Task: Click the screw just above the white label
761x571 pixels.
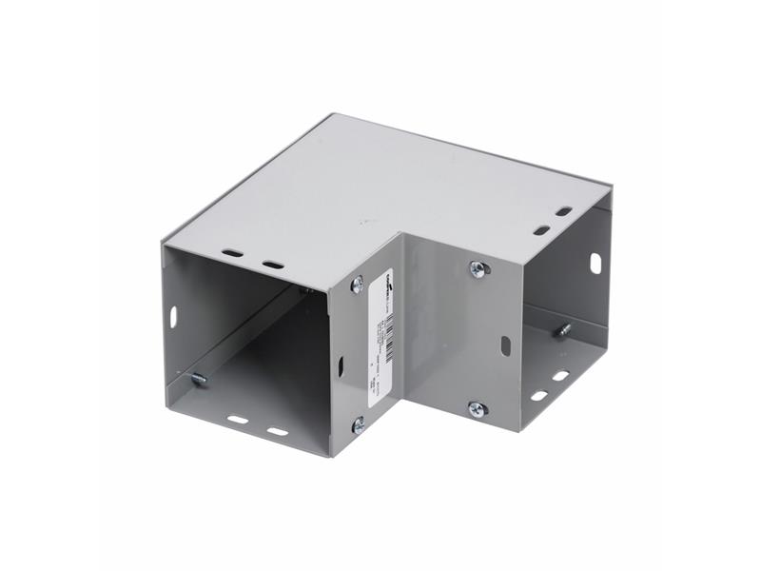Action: coord(357,284)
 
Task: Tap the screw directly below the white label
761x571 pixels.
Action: coord(358,424)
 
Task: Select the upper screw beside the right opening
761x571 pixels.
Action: coord(478,270)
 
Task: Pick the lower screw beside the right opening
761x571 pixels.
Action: coord(478,409)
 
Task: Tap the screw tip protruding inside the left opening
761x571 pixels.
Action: coord(199,380)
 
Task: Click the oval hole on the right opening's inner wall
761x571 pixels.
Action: coord(595,262)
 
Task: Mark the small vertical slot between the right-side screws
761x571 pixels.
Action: coord(505,345)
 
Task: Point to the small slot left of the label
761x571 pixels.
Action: coord(341,364)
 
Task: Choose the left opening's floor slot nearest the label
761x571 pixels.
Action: coord(277,430)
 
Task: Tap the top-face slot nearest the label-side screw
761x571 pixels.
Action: coord(273,264)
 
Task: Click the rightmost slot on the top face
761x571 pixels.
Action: coord(564,211)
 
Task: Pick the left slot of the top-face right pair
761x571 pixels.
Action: coord(540,229)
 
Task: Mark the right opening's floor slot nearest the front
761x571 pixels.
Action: coord(538,396)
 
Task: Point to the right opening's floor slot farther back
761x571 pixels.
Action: coord(560,378)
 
